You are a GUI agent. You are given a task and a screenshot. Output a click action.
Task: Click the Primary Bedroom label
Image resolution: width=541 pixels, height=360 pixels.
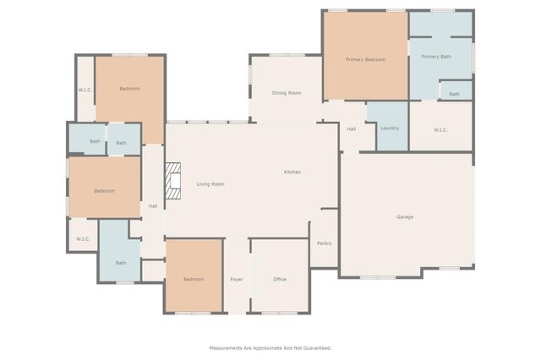pos(366,60)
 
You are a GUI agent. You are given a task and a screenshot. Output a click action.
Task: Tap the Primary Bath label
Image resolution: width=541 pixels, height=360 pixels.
pos(436,57)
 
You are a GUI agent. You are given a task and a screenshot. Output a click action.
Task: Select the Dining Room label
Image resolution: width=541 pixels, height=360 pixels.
pos(287,93)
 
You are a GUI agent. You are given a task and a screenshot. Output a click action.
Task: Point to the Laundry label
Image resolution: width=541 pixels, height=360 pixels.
pos(390,128)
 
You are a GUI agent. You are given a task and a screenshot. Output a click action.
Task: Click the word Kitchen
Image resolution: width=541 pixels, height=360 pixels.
pos(292,172)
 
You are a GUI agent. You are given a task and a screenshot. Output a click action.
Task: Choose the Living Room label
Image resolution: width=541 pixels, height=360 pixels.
pos(210,184)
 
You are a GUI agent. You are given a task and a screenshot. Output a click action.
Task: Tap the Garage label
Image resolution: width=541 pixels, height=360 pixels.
pos(405,217)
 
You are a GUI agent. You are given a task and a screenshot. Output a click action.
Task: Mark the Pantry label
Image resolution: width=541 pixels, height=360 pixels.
pos(324,243)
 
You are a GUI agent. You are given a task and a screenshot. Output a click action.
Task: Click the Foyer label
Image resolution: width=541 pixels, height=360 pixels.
pos(237,279)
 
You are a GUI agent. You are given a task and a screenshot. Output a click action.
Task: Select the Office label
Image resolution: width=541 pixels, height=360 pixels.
pos(280,279)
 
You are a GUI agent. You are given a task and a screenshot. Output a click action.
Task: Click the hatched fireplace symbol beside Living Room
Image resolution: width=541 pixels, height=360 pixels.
pos(173,181)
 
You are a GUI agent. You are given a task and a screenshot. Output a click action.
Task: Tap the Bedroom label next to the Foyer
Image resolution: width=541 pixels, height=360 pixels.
pos(194,279)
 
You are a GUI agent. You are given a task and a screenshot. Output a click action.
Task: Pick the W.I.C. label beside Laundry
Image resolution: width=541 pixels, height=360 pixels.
pos(440,129)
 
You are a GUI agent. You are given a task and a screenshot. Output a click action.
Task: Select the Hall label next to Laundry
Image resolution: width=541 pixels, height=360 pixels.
pos(352,128)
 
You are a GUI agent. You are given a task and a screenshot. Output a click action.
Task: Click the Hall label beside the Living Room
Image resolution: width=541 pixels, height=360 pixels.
pos(153,205)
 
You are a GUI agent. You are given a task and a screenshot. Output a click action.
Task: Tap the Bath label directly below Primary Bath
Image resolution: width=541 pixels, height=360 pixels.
pos(455,94)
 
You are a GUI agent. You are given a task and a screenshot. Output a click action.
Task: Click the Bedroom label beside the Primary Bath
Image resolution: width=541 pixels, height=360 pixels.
pos(366,60)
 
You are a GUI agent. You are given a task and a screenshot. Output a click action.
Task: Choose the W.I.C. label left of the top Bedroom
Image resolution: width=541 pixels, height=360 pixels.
pos(85,90)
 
